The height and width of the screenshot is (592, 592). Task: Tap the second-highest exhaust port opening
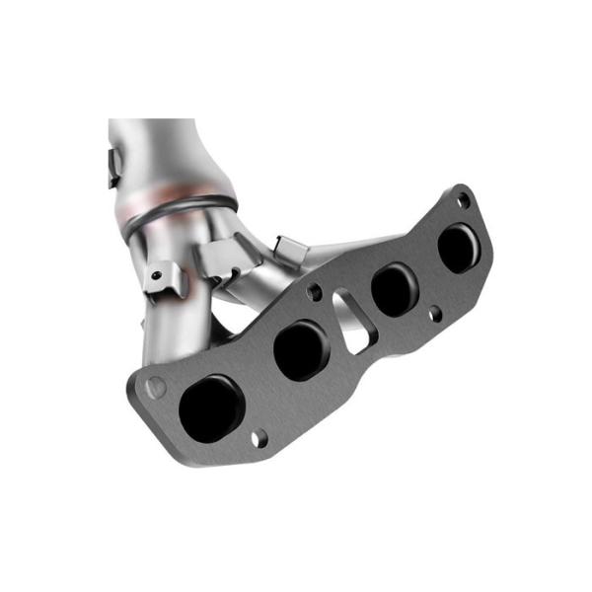[x=395, y=290]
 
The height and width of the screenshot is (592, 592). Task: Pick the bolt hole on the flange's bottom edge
[x=258, y=438]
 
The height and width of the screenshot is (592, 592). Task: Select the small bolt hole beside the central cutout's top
[x=315, y=292]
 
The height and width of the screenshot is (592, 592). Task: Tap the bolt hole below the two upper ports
[x=435, y=313]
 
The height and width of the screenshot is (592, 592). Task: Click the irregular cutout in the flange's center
[x=350, y=318]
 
